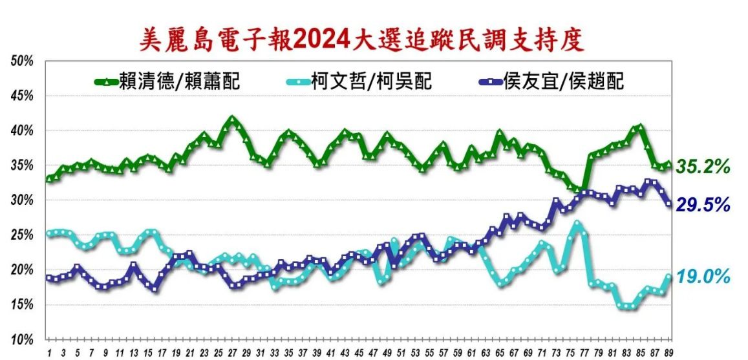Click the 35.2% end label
tap(703, 167)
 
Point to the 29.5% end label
tap(703, 205)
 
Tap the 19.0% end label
tap(703, 277)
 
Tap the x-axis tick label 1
tap(49, 353)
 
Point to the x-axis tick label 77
tap(584, 353)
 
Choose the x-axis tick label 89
tap(669, 353)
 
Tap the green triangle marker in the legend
tap(105, 82)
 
